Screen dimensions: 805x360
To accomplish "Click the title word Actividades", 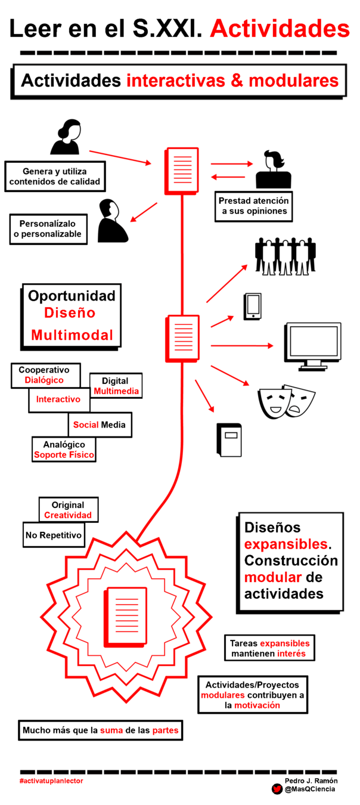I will point(279,29).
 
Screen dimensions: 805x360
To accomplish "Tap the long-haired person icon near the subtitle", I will point(66,138).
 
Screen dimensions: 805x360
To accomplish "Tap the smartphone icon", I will point(252,306).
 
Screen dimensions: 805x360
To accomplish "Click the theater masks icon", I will point(286,401).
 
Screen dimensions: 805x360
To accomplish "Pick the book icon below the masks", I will point(229,439).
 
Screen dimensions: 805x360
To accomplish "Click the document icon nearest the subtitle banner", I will point(182,170).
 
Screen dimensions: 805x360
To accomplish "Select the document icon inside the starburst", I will point(126,617).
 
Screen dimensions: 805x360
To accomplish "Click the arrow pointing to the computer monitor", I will point(241,345).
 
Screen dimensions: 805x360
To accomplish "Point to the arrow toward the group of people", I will point(227,283).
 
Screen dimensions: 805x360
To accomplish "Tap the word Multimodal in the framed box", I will point(72,335).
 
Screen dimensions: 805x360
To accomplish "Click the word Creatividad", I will point(68,515).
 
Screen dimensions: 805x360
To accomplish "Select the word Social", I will point(85,425).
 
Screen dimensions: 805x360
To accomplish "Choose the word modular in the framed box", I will point(273,577).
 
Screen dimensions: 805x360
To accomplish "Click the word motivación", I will point(257,705).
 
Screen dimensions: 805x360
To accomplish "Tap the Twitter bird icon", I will point(277,789).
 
